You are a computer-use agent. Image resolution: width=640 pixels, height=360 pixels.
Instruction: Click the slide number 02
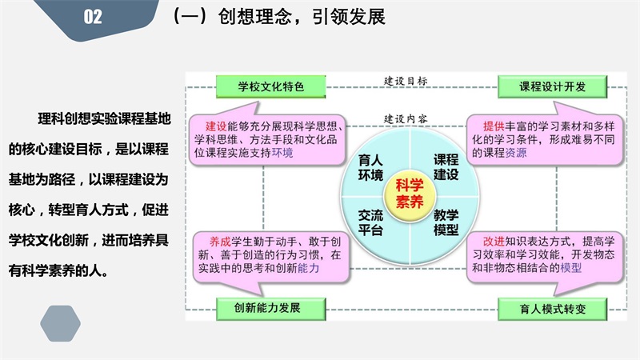93,17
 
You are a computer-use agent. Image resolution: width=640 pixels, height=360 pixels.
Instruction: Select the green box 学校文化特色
270,86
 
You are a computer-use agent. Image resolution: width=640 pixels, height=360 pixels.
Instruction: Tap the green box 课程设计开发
552,86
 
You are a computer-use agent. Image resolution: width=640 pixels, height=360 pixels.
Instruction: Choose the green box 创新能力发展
270,309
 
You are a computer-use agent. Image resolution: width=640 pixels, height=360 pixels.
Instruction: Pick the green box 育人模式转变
552,309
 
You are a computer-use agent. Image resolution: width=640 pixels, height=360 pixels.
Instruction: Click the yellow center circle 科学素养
410,194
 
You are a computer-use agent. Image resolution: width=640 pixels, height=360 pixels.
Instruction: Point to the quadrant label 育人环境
370,168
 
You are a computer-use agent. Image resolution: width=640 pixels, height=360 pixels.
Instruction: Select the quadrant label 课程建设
446,167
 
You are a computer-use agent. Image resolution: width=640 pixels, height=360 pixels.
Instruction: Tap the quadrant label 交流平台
370,222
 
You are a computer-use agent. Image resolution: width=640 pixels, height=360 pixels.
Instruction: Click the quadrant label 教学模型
446,222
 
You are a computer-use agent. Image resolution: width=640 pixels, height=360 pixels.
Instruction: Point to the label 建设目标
406,81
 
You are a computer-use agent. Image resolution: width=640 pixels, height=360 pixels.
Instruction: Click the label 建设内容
406,118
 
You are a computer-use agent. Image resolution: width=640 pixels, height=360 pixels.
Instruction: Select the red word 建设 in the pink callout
216,126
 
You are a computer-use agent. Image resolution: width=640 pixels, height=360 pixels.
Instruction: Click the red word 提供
494,126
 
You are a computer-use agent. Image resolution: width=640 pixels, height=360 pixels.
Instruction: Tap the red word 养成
221,242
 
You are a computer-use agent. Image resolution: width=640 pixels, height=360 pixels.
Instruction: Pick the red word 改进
494,242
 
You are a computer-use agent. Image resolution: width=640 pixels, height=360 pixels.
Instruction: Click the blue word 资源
516,153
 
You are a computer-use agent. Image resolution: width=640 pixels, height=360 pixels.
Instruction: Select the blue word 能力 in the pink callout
309,268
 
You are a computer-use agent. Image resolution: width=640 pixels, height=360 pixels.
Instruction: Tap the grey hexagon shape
61,323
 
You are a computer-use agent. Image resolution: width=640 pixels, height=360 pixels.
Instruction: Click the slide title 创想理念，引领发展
302,17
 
